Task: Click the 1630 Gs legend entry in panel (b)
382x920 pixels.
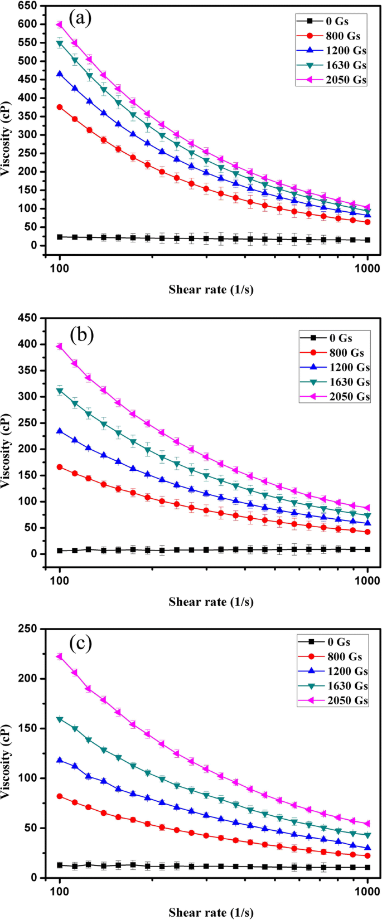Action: [x=333, y=382]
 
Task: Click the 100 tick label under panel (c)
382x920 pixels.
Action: [x=59, y=892]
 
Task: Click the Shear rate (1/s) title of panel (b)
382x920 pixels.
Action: [x=211, y=602]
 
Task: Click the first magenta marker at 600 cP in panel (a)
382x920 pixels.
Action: [x=60, y=25]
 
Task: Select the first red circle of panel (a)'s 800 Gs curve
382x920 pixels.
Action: [x=60, y=107]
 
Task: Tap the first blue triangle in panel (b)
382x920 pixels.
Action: [x=60, y=431]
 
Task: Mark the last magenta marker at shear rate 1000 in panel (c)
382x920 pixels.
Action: [x=368, y=824]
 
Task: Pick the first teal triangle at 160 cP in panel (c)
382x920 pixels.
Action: [x=60, y=719]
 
